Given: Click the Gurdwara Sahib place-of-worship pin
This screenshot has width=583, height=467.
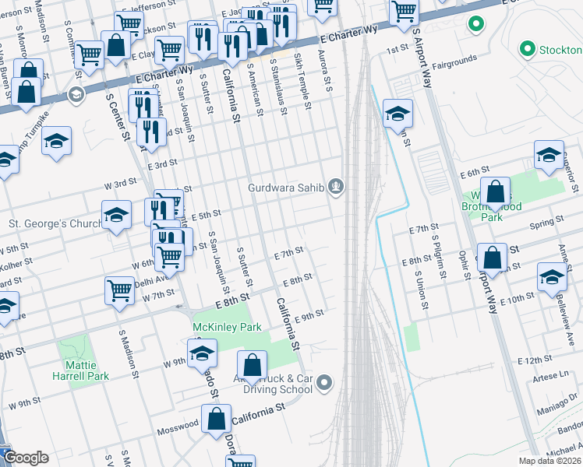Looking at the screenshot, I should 336,186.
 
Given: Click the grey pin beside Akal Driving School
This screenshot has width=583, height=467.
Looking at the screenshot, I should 326,383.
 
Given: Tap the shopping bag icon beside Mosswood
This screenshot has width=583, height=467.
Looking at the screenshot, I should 217,419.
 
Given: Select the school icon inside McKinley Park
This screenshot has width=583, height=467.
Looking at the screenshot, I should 203,353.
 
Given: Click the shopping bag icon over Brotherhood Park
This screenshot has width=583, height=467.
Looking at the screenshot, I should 495,191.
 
